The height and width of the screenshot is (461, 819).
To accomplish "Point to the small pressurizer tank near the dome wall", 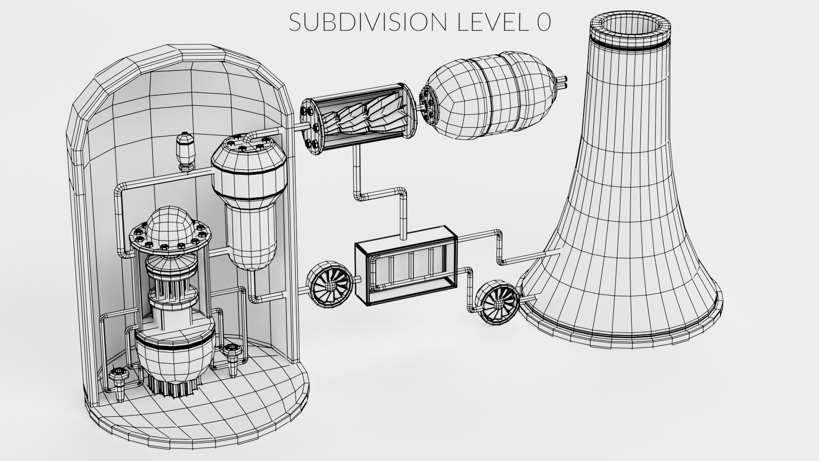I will pos(186,152).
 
